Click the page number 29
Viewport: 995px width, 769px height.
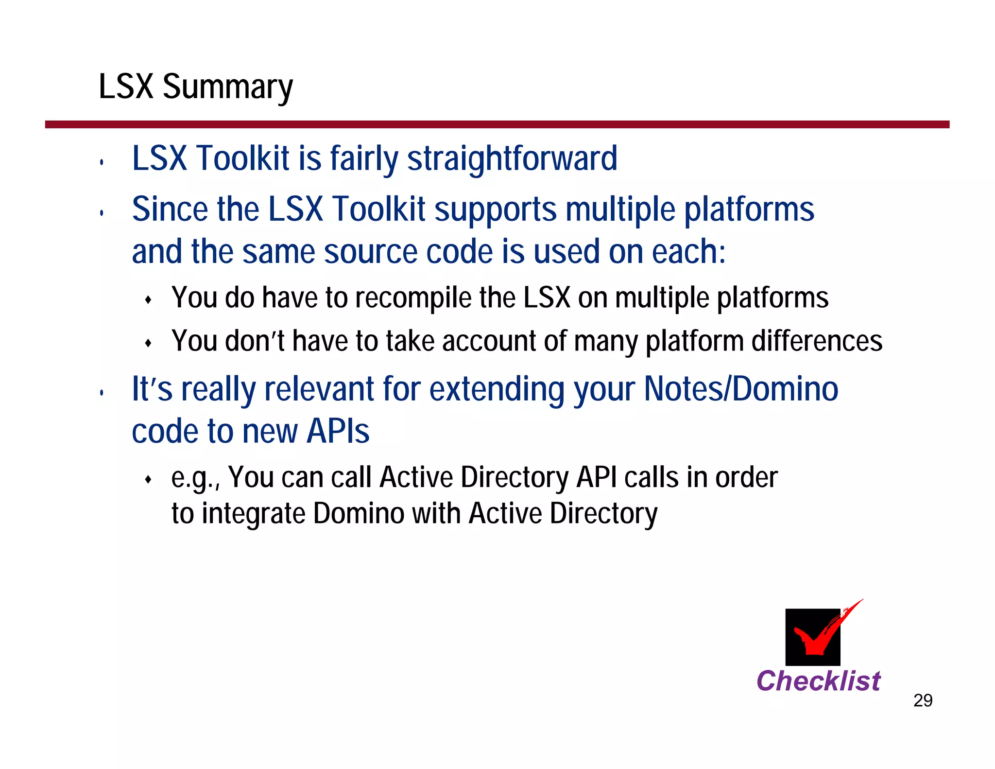tap(923, 700)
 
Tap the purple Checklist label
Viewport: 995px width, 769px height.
tap(818, 681)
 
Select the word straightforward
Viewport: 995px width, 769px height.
tap(512, 159)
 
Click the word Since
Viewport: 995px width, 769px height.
tap(170, 210)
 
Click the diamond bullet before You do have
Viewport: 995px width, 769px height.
tap(149, 300)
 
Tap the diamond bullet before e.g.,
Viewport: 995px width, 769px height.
tap(149, 480)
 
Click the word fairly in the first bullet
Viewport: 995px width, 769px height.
tap(364, 159)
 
